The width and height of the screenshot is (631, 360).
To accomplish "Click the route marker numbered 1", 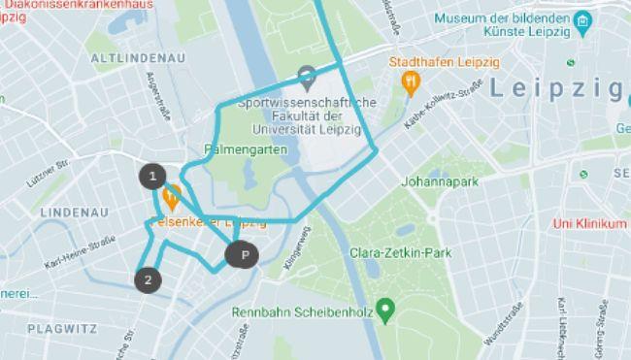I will point(151,176).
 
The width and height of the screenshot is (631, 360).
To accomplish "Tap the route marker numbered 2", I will point(148,280).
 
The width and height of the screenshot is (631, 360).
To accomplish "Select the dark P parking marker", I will point(245,255).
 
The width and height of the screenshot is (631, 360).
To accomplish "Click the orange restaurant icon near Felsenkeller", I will point(171,199).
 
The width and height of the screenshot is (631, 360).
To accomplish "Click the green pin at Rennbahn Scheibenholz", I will point(385,311).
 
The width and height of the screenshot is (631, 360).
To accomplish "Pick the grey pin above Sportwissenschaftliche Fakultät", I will point(307,74).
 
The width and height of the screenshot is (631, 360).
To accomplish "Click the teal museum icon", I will point(581,20).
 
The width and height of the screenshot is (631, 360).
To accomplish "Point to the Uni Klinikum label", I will point(588,223).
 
